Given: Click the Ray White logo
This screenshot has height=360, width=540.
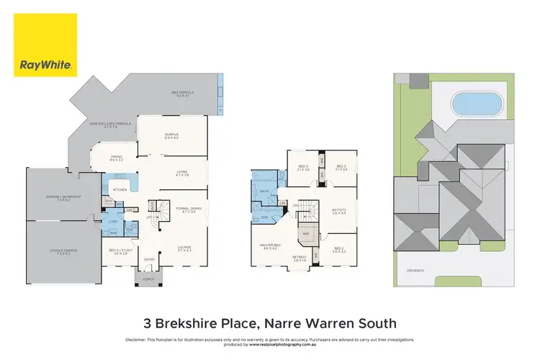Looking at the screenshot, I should coord(45,44).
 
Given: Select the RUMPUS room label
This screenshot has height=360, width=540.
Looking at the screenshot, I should coord(171,135).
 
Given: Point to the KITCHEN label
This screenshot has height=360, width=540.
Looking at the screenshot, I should coord(120,189).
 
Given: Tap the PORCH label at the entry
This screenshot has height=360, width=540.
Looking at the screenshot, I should coord(150,279).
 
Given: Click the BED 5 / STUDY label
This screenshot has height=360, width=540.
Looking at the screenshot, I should coord(120,252).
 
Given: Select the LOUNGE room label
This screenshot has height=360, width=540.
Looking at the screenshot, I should coord(184,249).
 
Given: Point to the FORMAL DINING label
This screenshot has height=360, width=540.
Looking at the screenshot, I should coord(189,209).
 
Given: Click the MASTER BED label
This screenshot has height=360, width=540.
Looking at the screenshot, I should coord(269,246).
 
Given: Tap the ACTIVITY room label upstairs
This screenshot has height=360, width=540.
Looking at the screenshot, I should coord(339,212).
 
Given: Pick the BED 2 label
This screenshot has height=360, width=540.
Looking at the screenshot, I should coord(339,249).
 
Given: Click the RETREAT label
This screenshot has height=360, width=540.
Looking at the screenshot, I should coord(299,257).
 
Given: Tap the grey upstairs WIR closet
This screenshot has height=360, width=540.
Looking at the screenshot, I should coord(306,235).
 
